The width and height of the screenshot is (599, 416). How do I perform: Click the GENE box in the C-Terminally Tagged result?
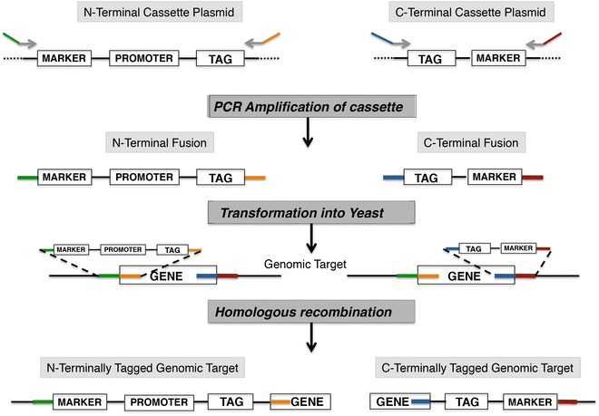[x=391, y=401]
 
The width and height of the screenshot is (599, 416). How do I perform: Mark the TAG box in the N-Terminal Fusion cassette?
[x=219, y=178]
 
